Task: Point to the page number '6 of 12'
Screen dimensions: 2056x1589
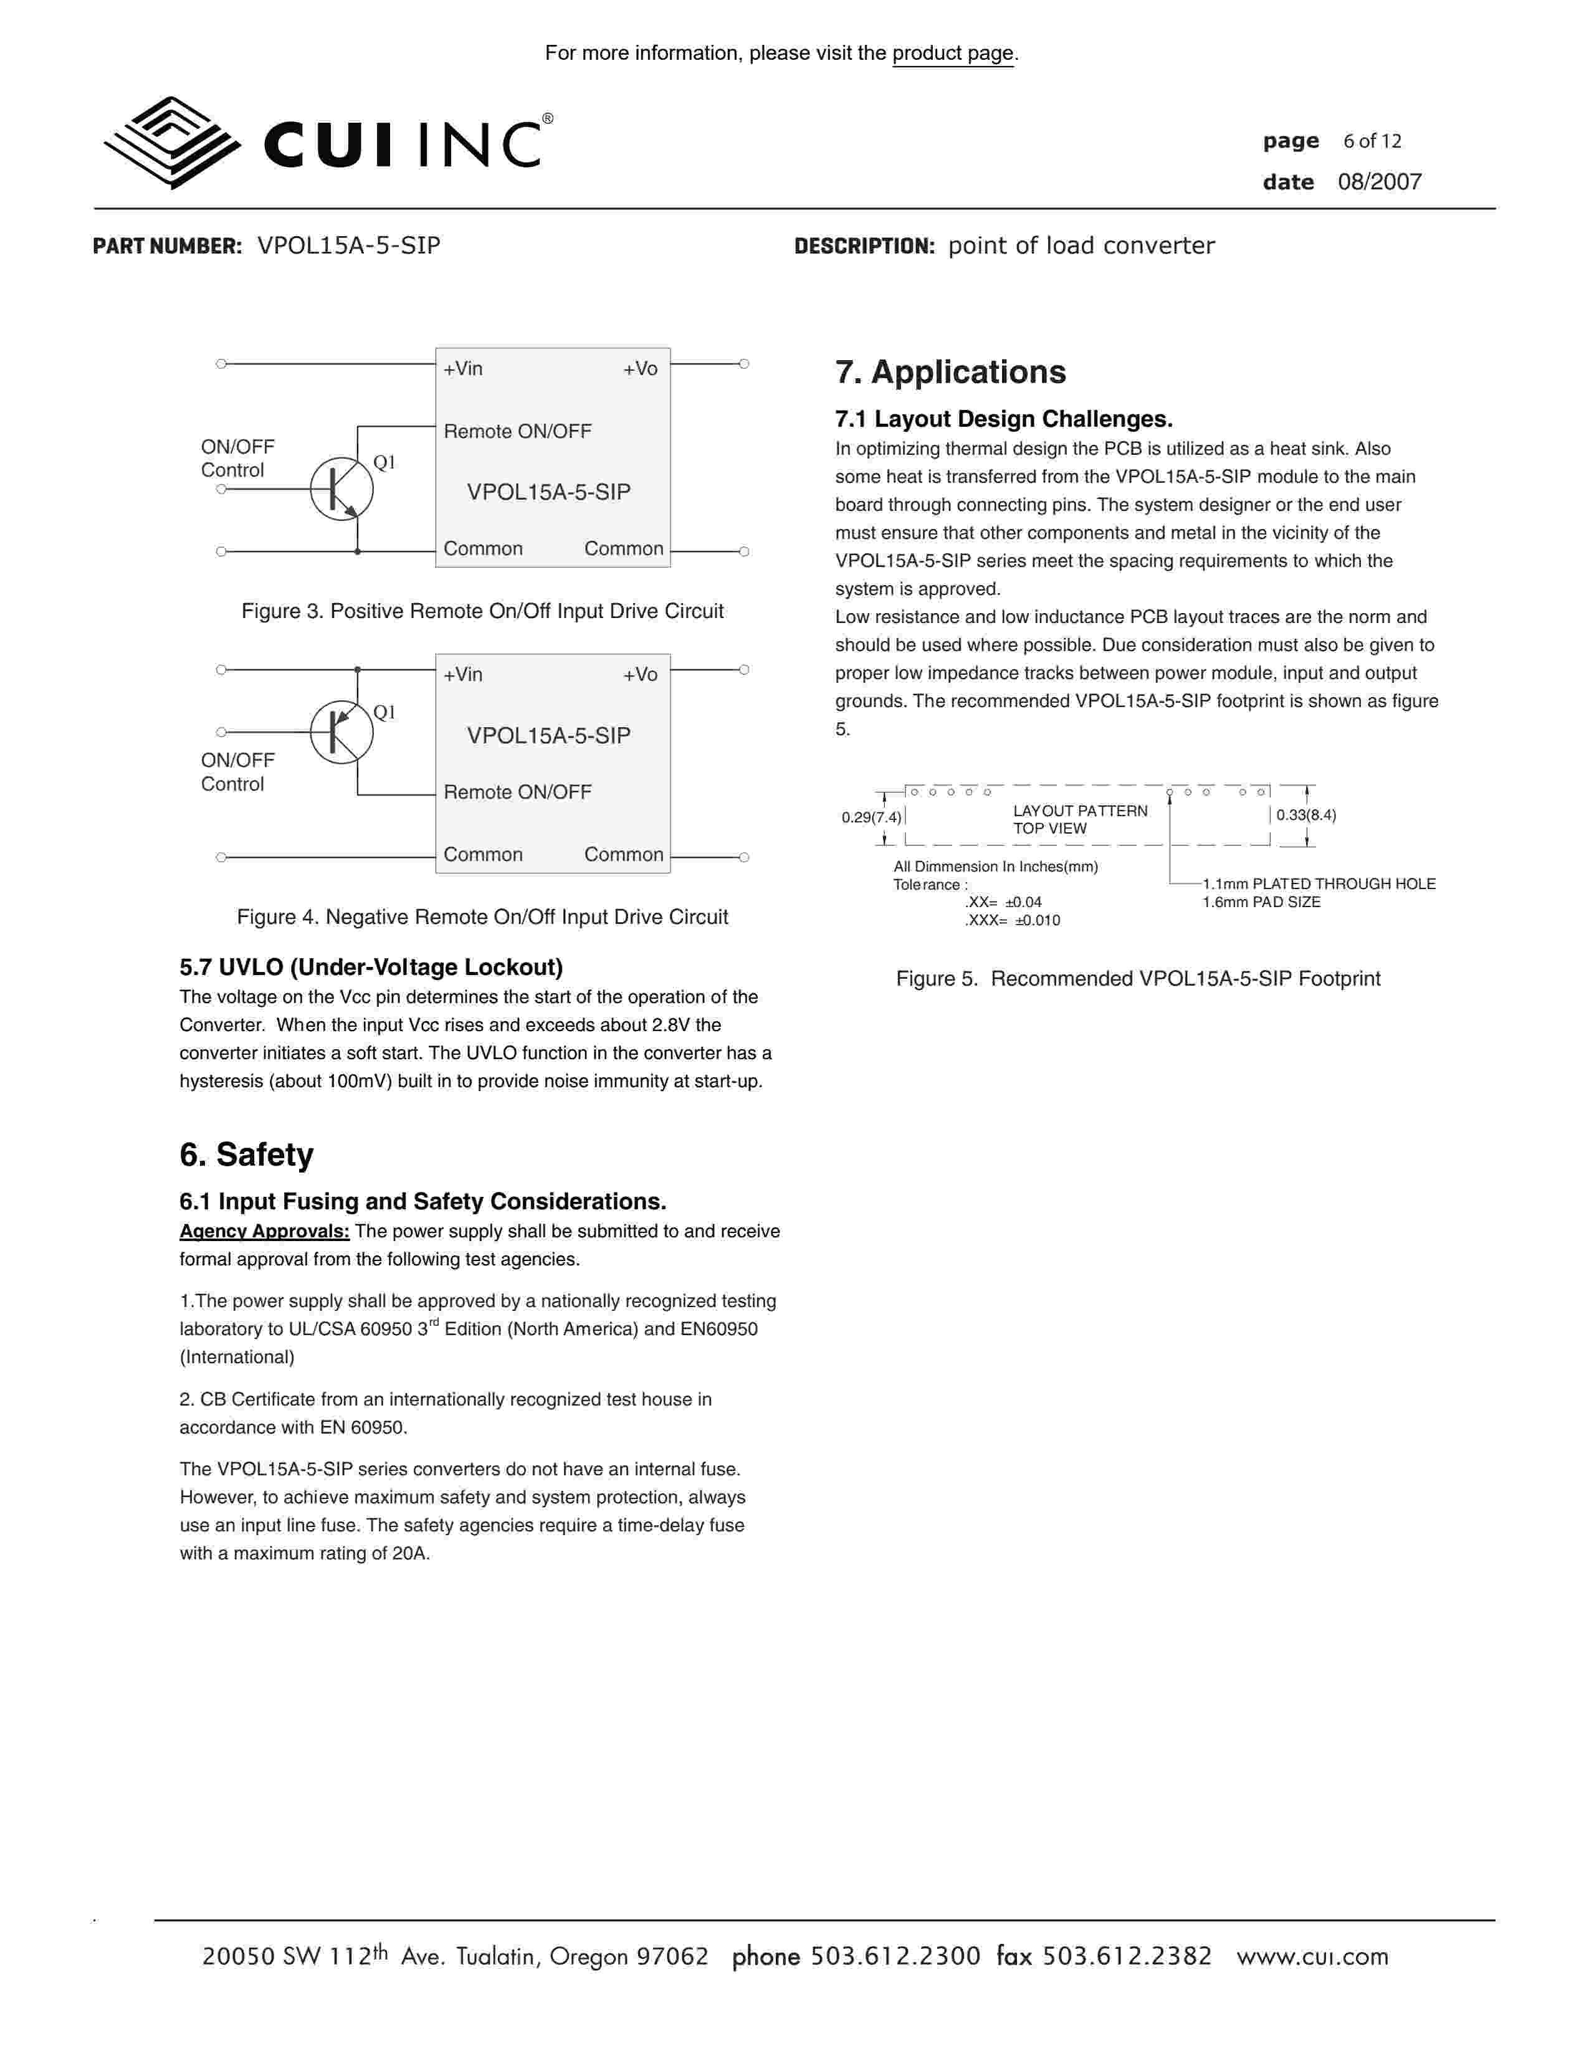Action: click(1372, 141)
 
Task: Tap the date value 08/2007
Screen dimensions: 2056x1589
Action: click(1379, 183)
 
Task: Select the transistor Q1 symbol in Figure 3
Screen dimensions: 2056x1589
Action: click(341, 488)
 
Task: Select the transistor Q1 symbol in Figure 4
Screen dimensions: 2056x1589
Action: click(341, 731)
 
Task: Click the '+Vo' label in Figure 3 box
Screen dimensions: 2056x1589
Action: click(640, 369)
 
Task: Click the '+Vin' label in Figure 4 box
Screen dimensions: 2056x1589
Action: click(463, 675)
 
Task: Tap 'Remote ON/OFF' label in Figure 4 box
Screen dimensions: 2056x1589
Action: click(518, 792)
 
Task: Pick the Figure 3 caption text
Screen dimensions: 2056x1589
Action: click(482, 611)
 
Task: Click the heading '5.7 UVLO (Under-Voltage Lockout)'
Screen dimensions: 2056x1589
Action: click(371, 968)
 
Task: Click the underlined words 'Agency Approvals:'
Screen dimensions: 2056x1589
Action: click(264, 1231)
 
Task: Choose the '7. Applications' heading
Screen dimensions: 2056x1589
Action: click(950, 373)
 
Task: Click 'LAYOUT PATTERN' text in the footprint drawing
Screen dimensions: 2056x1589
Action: click(1080, 811)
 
